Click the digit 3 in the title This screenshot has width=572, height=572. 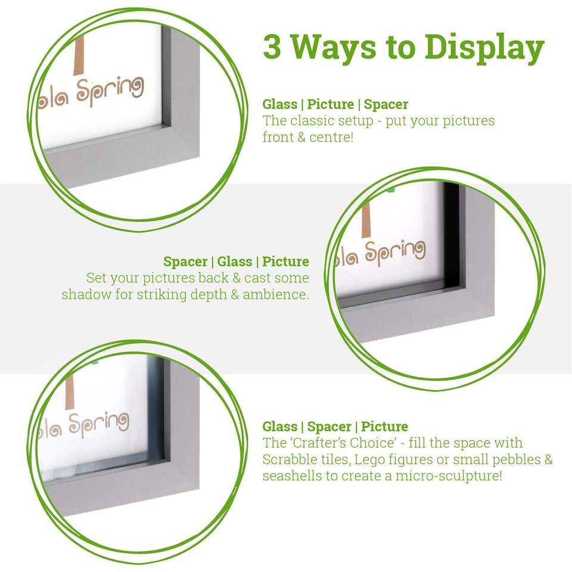click(272, 47)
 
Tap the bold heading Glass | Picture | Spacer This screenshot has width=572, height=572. click(335, 104)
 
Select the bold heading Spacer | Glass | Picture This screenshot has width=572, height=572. click(236, 262)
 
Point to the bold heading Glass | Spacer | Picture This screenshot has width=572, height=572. click(335, 427)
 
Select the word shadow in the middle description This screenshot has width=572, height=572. click(82, 294)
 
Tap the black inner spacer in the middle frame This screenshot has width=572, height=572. click(451, 238)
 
